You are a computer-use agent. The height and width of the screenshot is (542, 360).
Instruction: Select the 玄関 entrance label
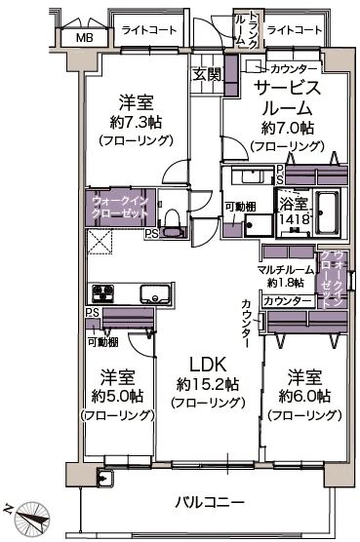[x=206, y=74]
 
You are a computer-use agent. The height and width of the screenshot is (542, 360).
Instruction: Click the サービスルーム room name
[x=287, y=97]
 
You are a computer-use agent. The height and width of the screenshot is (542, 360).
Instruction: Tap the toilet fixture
[x=173, y=223]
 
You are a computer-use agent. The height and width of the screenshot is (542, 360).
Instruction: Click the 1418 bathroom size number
[x=294, y=221]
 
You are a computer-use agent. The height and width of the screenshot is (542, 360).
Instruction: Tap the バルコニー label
[x=210, y=503]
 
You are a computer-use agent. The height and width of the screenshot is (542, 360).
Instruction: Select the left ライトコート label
[x=149, y=30]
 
